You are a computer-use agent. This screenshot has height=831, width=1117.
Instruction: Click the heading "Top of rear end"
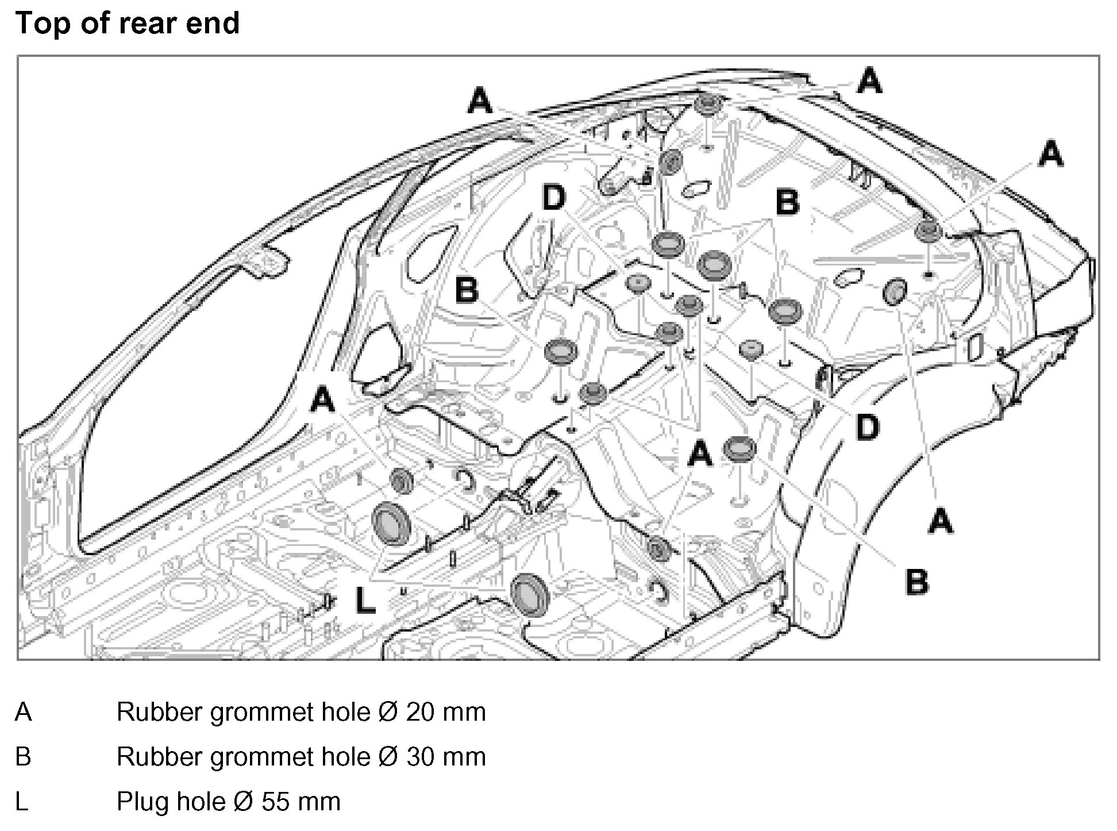[127, 24]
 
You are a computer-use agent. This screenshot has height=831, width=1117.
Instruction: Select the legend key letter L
[21, 801]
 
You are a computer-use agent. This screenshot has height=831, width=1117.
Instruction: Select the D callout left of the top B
[554, 199]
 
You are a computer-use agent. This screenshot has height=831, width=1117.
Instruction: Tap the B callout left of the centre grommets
[467, 289]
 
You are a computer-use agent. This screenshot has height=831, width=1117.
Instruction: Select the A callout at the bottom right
[940, 522]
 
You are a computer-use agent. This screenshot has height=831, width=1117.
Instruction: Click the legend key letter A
[23, 712]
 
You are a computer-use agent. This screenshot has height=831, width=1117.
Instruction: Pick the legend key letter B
[23, 756]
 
